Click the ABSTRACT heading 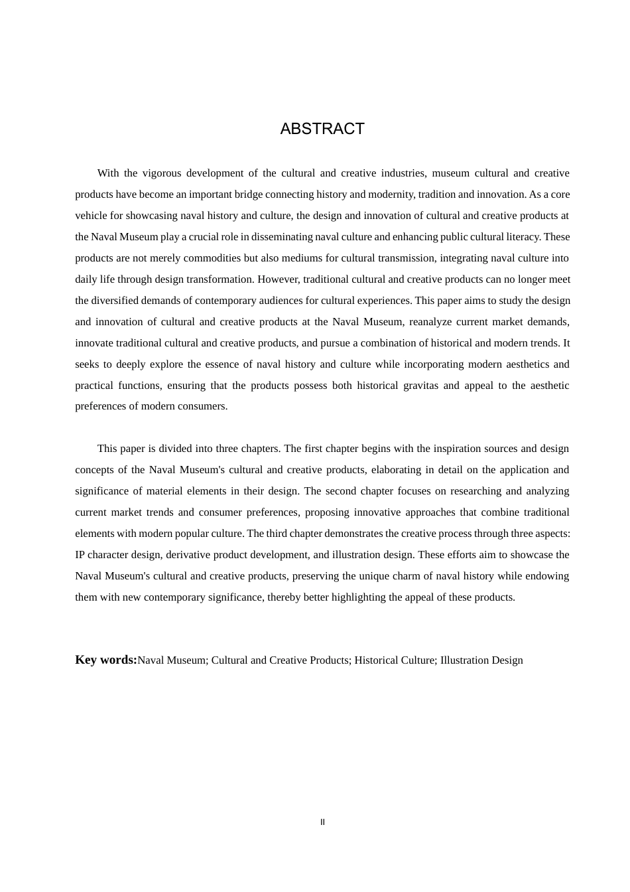[x=322, y=129]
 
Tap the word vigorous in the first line [x=162, y=173]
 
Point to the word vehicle [x=91, y=216]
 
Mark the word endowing [x=548, y=576]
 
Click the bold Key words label [x=106, y=660]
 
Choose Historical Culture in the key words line [x=394, y=660]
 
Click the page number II [x=323, y=822]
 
